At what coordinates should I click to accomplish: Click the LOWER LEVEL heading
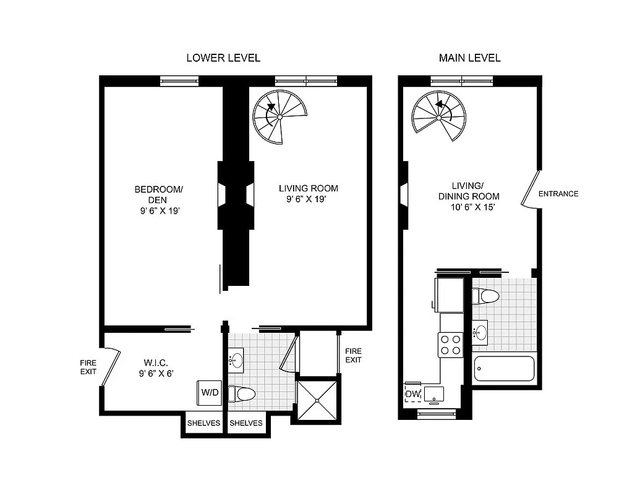click(x=223, y=58)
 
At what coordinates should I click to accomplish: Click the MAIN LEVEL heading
click(x=469, y=58)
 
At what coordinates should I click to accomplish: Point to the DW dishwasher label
click(x=412, y=394)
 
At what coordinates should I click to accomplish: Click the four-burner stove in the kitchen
click(x=451, y=344)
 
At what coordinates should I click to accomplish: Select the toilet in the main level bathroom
click(x=485, y=296)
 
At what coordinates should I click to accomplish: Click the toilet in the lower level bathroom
click(x=242, y=394)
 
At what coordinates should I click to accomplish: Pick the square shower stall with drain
click(x=317, y=401)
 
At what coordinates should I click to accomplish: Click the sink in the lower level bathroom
click(x=236, y=359)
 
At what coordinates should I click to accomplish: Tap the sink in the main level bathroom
click(x=479, y=333)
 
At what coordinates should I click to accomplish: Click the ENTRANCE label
click(x=558, y=194)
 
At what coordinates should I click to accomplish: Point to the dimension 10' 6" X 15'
click(x=473, y=207)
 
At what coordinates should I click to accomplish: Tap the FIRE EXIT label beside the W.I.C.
click(x=88, y=368)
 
